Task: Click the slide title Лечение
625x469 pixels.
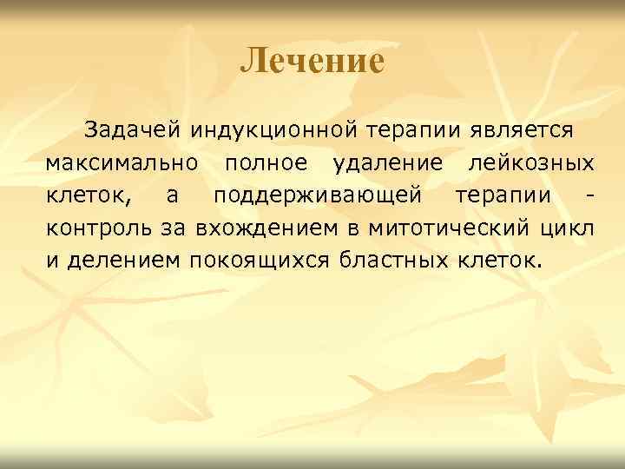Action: click(x=312, y=61)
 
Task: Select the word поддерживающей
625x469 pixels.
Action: click(x=317, y=195)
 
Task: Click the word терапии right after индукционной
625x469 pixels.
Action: click(x=415, y=130)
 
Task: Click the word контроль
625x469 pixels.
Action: click(x=93, y=228)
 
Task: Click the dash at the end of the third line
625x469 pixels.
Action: click(x=590, y=195)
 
